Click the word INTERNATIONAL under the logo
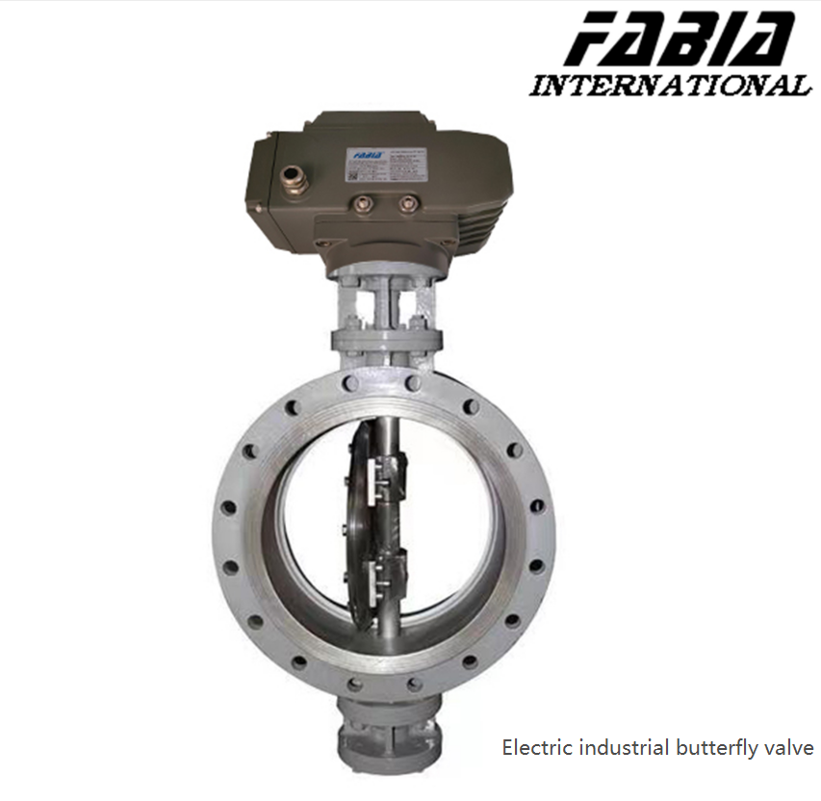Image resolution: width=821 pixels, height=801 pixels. [x=671, y=86]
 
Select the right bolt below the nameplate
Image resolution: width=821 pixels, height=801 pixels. [x=408, y=203]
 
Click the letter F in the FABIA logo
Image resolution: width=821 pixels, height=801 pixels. [x=586, y=39]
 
